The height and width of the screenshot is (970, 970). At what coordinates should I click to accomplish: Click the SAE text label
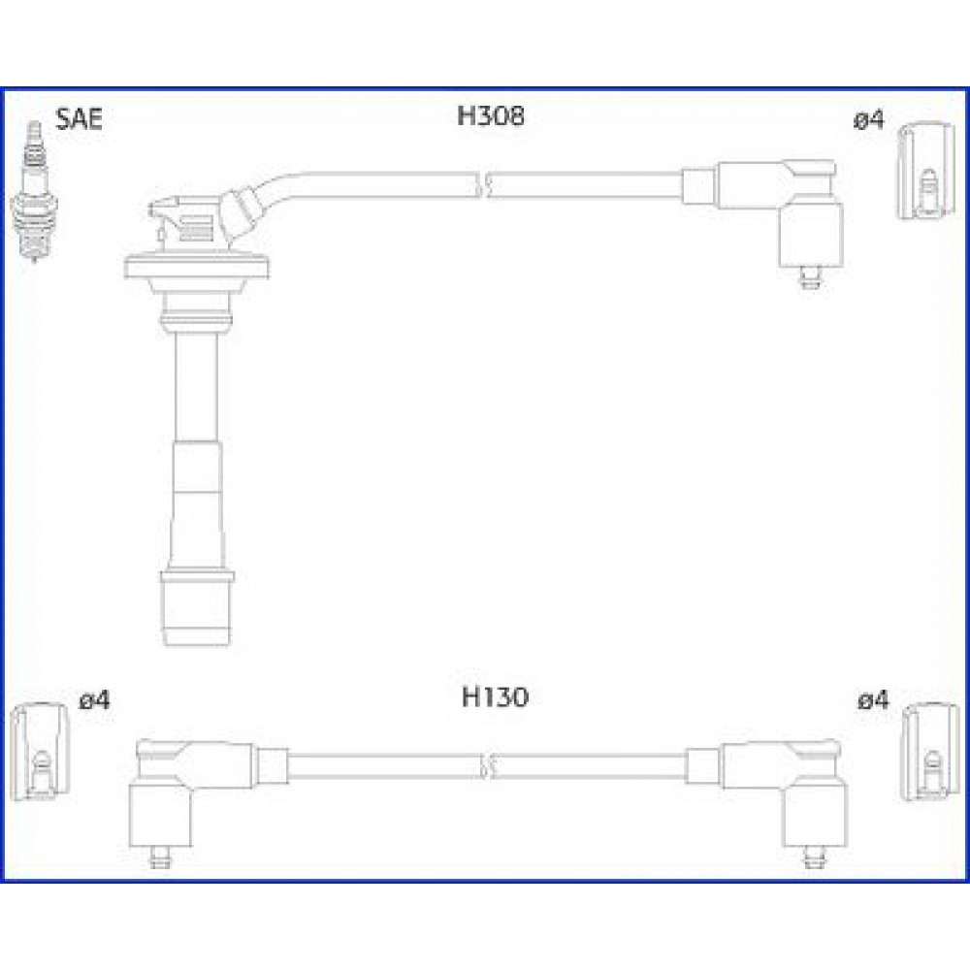tap(79, 118)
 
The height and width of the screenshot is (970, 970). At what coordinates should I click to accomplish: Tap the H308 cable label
tap(491, 115)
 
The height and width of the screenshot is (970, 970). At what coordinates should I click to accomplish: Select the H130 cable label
tap(495, 697)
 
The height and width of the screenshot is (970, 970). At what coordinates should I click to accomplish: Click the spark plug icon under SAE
tap(35, 191)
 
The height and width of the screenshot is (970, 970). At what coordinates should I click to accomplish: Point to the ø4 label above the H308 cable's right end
tap(869, 120)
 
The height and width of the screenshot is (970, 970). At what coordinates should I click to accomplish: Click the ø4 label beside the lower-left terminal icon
tap(95, 700)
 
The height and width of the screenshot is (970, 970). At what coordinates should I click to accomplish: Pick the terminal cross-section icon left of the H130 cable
tap(40, 753)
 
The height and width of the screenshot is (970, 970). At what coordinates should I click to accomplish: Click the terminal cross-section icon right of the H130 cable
tap(930, 753)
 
